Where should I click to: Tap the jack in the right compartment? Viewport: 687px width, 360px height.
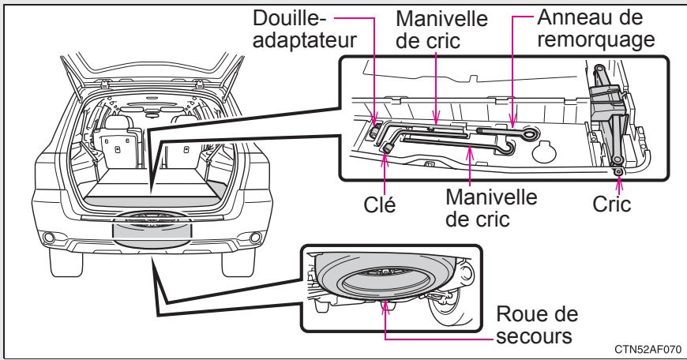coord(608,118)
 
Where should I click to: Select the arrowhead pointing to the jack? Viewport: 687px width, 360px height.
coord(618,179)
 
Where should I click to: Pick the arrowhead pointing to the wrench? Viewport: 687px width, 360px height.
coord(386,158)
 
